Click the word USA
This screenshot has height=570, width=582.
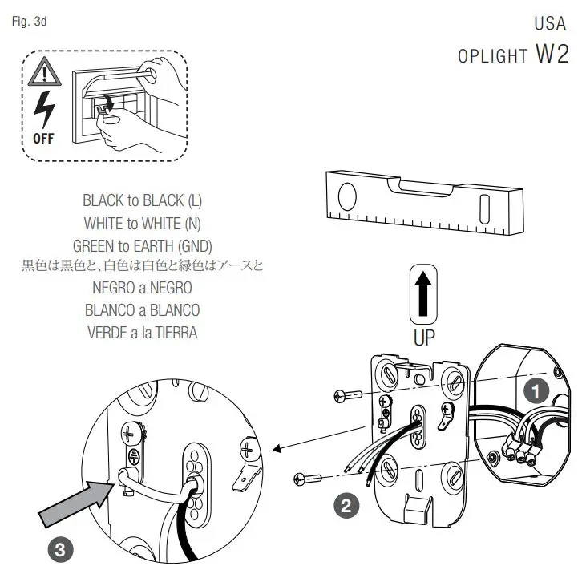tap(551, 23)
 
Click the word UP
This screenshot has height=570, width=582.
tap(424, 337)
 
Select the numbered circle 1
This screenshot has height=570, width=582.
tap(535, 392)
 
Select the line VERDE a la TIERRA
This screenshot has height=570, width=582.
tap(142, 332)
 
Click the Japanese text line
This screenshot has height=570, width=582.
tap(142, 265)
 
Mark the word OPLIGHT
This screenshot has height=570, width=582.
tap(492, 56)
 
